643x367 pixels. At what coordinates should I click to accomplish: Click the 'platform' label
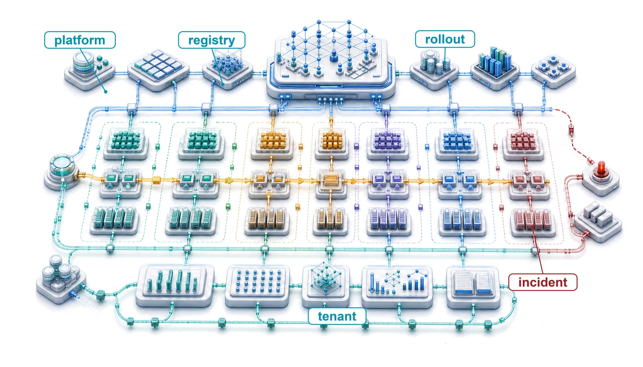click(80, 40)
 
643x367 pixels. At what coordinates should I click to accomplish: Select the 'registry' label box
click(212, 40)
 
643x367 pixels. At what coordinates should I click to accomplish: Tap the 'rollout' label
click(445, 39)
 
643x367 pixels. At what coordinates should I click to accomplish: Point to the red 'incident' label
click(543, 282)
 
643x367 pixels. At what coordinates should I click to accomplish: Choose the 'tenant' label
click(337, 316)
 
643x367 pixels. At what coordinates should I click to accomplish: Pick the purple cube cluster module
click(388, 144)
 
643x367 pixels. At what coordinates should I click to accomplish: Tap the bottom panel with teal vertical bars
click(175, 285)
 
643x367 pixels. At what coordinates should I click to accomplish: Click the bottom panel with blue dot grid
click(258, 285)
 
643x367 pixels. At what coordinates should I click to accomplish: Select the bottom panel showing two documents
click(474, 287)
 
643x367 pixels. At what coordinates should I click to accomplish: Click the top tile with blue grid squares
click(158, 69)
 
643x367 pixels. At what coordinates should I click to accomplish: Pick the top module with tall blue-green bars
click(495, 68)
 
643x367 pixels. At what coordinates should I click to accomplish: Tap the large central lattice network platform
click(331, 60)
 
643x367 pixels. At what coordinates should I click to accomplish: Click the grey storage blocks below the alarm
click(598, 221)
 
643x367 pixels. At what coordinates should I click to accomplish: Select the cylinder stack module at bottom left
click(61, 279)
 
